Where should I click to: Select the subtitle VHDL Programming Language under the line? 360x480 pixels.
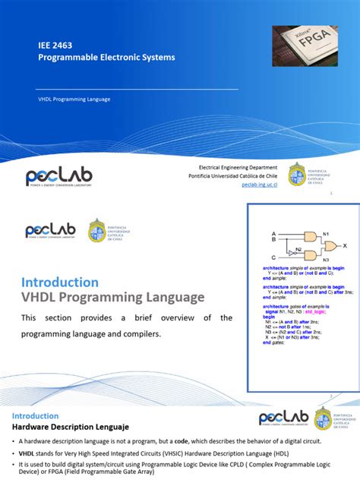point(74,99)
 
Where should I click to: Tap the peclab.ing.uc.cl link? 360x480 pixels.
point(260,184)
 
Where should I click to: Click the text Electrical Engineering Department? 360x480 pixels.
point(238,166)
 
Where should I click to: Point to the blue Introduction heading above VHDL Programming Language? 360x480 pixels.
point(60,282)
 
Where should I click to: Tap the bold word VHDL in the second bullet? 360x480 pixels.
point(26,453)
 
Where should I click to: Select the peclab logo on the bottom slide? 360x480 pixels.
point(284,418)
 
